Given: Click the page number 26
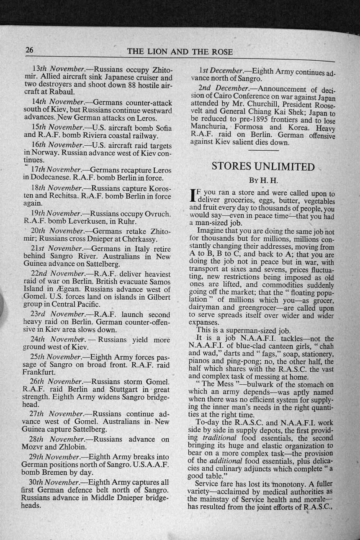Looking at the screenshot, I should tap(29, 50).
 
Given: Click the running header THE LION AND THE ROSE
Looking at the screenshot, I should tap(180, 52).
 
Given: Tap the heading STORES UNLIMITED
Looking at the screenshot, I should tap(263, 166).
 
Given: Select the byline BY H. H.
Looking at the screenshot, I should tap(263, 181).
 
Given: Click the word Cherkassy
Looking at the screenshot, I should tap(139, 239).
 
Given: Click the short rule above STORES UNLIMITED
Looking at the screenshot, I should tap(263, 150).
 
